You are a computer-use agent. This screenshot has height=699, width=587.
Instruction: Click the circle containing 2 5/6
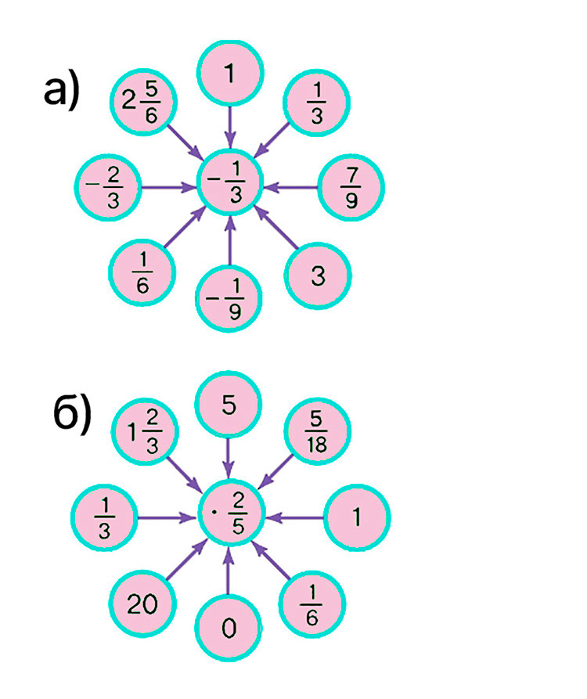(x=143, y=102)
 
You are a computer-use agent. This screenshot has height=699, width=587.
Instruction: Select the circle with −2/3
(x=108, y=187)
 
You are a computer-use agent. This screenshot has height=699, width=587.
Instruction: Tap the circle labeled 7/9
(x=351, y=187)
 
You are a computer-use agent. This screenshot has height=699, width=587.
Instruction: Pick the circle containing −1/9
(x=229, y=298)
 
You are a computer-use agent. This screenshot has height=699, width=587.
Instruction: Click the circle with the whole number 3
(x=318, y=276)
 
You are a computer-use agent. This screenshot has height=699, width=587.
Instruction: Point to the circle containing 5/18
(x=317, y=431)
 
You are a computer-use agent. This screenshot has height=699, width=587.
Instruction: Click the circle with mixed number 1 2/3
(x=145, y=432)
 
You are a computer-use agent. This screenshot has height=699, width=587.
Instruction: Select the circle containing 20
(x=142, y=604)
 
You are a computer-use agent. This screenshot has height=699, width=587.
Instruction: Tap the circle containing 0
(x=229, y=628)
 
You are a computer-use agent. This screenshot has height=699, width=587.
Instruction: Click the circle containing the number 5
(x=229, y=405)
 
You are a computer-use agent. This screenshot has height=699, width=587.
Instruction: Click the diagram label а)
(x=62, y=91)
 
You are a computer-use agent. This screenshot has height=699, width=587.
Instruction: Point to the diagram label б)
(x=72, y=415)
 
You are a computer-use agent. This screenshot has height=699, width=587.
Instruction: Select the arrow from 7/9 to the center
(x=291, y=187)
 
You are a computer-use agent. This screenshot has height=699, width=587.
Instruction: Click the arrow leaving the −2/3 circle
(x=169, y=187)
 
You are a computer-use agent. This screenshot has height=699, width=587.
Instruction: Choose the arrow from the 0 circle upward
(x=229, y=571)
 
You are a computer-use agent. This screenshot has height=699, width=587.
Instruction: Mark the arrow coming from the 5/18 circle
(x=276, y=470)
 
